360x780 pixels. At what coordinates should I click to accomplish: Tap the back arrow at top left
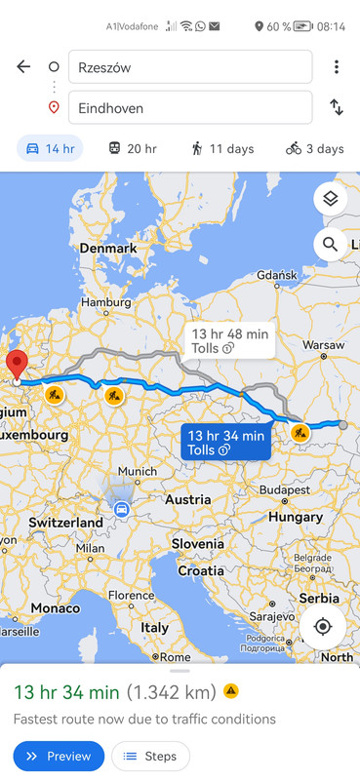[x=23, y=66]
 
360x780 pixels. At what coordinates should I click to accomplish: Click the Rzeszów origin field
[x=190, y=67]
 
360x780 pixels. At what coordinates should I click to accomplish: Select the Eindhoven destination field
[x=190, y=108]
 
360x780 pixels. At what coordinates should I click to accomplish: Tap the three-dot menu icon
[x=337, y=66]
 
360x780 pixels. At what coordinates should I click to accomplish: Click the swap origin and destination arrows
[x=337, y=108]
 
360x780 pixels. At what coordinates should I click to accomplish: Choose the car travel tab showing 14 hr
[x=50, y=148]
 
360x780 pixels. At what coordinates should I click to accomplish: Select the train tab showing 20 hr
[x=132, y=148]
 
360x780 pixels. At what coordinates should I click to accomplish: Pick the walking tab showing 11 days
[x=223, y=148]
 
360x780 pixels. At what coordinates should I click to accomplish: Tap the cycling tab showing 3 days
[x=314, y=148]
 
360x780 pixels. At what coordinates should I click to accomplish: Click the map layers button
[x=331, y=199]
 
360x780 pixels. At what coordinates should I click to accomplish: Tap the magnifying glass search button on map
[x=331, y=244]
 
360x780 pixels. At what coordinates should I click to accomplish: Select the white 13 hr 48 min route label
[x=229, y=340]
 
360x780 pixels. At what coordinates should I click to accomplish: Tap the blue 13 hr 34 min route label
[x=225, y=442]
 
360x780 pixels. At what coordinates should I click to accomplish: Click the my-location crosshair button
[x=323, y=627]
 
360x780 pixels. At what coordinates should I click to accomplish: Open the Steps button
[x=150, y=756]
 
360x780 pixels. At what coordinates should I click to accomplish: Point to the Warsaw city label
[x=323, y=345]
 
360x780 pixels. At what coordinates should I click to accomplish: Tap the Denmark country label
[x=107, y=249]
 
